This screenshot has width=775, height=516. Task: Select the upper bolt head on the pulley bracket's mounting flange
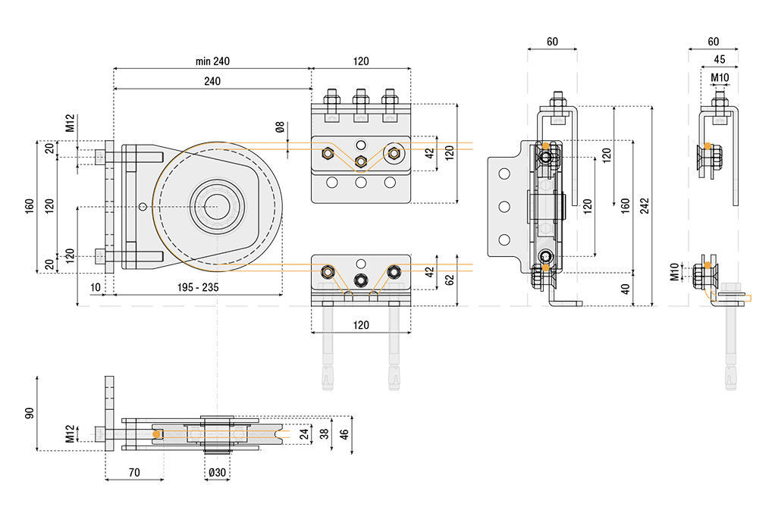(101, 157)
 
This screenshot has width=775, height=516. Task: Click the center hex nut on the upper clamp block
(361, 160)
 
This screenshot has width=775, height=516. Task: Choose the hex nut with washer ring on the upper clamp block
(393, 153)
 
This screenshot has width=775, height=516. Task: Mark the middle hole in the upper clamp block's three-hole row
(361, 182)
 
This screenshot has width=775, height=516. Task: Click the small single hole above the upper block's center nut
(361, 145)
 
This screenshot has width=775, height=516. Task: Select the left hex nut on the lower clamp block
(327, 271)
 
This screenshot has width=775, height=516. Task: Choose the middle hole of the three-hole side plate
(501, 205)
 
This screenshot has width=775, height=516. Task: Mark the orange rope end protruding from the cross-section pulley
(288, 433)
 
